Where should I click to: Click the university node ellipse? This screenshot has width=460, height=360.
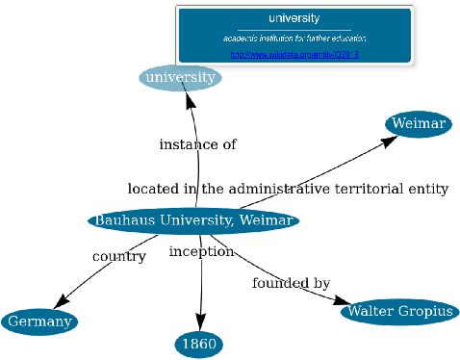[x=180, y=77]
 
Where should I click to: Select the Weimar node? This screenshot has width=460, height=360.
[x=419, y=124]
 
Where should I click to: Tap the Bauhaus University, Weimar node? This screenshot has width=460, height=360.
[x=193, y=221]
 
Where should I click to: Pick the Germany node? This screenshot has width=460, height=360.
[x=39, y=321]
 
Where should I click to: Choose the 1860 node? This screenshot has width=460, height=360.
[x=199, y=344]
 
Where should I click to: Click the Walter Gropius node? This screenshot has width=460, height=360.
[x=399, y=312]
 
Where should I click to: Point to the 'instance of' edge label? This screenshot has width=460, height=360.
[x=197, y=144]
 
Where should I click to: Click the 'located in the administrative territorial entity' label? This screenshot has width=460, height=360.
[x=288, y=189]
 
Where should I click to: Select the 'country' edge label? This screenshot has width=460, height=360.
[x=118, y=257]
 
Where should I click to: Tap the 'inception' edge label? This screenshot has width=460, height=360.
[x=201, y=251]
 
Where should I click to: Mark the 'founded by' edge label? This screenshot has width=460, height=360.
[x=291, y=283]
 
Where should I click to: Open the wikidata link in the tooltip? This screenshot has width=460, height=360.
[x=294, y=55]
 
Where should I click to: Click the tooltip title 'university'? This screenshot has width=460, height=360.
[x=294, y=18]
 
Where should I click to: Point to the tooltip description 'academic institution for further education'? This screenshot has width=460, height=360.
[x=294, y=39]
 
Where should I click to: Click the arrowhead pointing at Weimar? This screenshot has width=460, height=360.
[x=389, y=141]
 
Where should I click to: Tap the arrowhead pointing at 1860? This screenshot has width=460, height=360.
[x=200, y=322]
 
